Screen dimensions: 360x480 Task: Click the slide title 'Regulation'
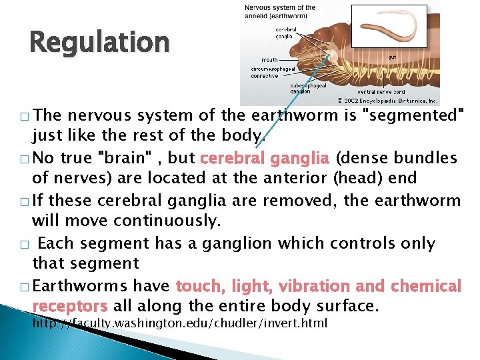(99, 43)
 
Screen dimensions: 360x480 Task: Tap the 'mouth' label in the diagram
(269, 60)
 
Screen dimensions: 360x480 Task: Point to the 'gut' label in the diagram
(392, 57)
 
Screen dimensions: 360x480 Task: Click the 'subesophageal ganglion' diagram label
(309, 88)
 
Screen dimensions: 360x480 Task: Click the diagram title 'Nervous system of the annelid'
(280, 11)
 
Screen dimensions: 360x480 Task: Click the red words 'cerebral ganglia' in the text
(265, 159)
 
